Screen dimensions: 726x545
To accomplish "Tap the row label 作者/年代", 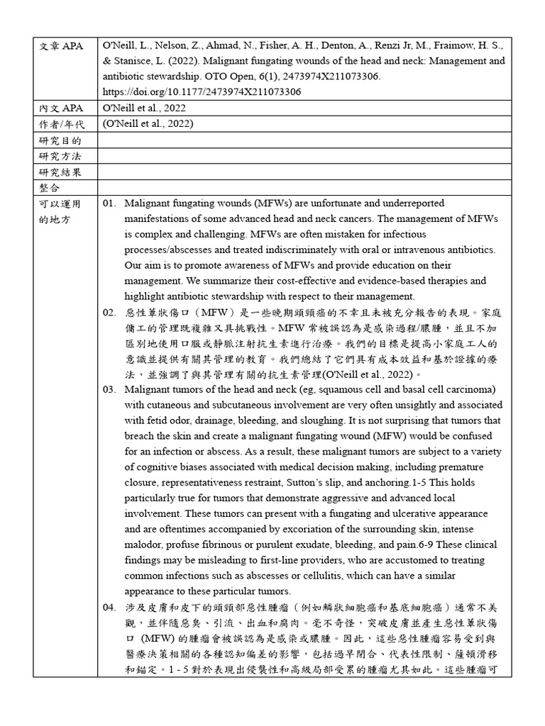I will coord(62,124).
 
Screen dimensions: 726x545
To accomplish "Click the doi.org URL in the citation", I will coord(202,91).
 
